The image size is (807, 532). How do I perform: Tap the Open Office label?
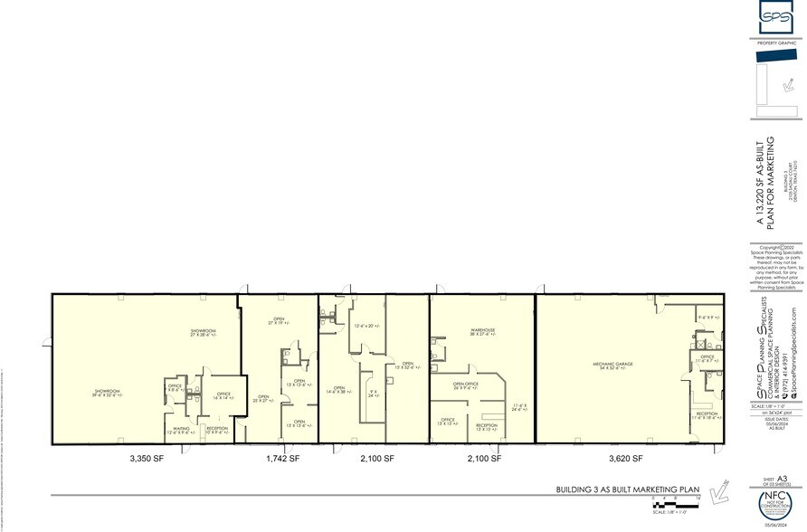[x=466, y=385]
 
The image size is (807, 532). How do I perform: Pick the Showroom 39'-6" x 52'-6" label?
[x=108, y=393]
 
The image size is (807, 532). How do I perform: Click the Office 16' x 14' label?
[x=223, y=395]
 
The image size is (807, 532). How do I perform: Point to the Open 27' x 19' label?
[x=280, y=320]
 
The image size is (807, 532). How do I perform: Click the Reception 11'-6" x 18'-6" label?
[x=705, y=416]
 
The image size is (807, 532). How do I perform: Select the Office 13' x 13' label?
[x=447, y=422]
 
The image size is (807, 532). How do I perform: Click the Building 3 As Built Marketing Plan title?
[x=628, y=489]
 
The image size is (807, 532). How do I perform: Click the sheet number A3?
[x=782, y=480]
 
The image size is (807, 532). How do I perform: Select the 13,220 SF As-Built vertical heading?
[x=769, y=181]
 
